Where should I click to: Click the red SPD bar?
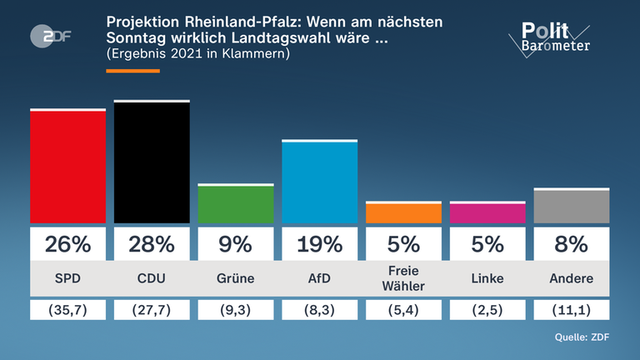(68, 167)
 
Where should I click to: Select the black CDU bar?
(152, 162)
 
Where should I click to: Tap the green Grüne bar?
(236, 204)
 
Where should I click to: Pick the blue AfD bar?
(319, 182)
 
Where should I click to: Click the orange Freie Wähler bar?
(403, 213)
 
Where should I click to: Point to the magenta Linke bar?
(487, 212)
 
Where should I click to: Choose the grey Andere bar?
(571, 206)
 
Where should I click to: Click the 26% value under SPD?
(68, 244)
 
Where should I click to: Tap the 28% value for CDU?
(152, 244)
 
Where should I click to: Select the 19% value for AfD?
(319, 244)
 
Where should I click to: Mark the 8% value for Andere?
(571, 244)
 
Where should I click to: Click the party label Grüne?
(236, 278)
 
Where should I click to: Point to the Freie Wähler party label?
(403, 278)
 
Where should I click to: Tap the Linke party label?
(487, 278)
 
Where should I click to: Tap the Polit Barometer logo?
(550, 37)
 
